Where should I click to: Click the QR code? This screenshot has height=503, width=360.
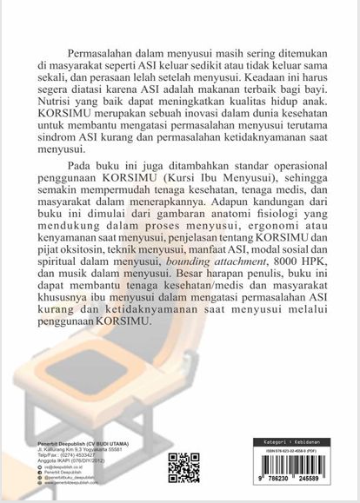[183, 467]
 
